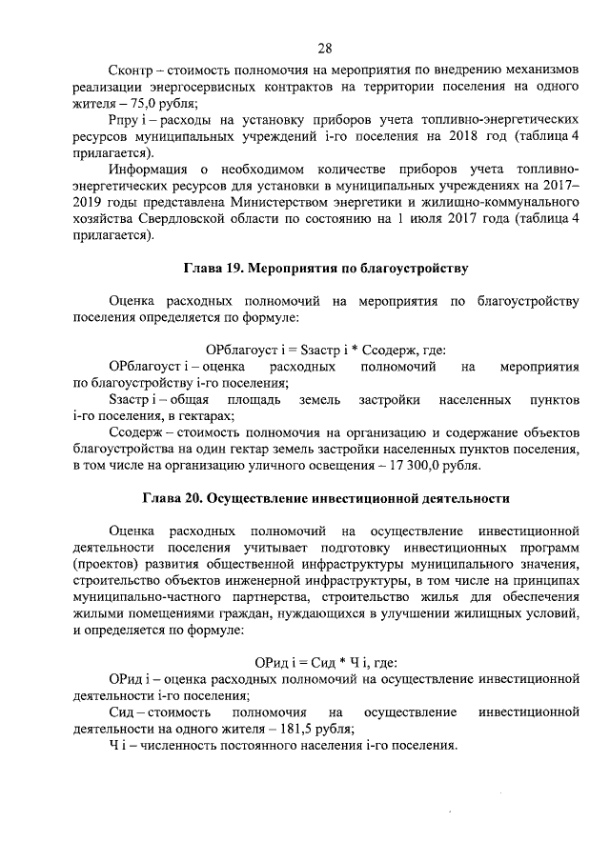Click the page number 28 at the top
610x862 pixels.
(x=324, y=48)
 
